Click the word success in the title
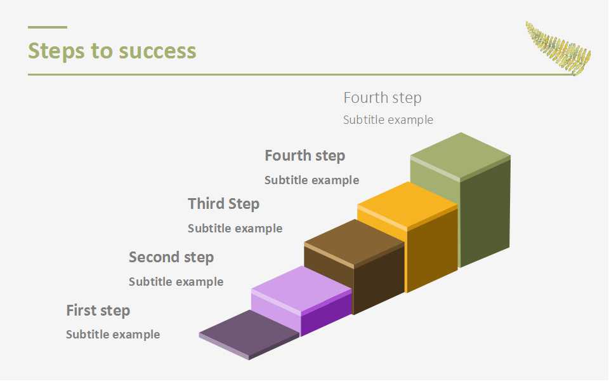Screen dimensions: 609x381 tap(157, 51)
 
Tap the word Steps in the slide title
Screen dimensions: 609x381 tap(56, 51)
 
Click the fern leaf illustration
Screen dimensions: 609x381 tap(558, 48)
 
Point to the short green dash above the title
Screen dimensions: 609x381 tap(48, 27)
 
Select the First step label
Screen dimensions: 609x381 tap(98, 311)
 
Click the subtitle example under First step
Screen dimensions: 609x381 tap(113, 335)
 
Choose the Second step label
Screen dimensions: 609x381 tap(171, 257)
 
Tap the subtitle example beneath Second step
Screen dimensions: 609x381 tap(176, 281)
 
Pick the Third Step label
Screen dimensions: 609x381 tap(224, 204)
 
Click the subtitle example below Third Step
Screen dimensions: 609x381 tap(235, 228)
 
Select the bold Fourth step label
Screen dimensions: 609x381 tap(305, 156)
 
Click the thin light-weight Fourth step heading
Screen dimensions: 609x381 tap(383, 98)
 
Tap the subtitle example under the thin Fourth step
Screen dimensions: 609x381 tap(388, 120)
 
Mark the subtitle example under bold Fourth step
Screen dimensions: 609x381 tap(312, 180)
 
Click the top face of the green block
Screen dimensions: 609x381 tap(461, 155)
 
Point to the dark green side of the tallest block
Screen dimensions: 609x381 tap(485, 212)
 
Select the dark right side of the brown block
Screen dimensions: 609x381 tap(379, 279)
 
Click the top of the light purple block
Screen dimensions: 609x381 tap(301, 288)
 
